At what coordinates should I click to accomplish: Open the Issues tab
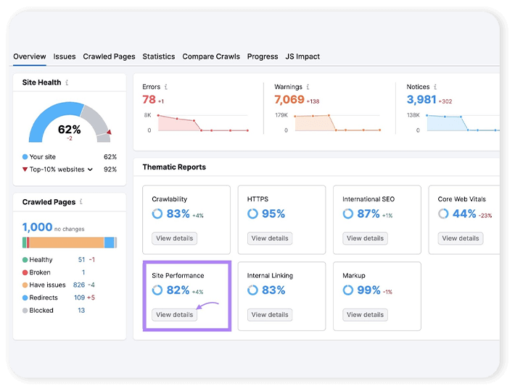point(65,56)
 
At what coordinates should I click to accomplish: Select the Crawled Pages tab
point(109,56)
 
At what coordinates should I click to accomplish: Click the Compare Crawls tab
point(211,56)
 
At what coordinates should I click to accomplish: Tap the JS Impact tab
point(302,56)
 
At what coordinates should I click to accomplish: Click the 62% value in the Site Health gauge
point(70,130)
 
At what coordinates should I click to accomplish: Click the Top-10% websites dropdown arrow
point(91,169)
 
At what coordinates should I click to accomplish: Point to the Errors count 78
point(149,100)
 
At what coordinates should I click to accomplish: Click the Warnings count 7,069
point(289,100)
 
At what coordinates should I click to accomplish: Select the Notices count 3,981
point(421,100)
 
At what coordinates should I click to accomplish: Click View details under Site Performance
point(174,315)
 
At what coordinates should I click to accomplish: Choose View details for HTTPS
point(269,238)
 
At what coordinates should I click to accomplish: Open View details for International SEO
point(365,238)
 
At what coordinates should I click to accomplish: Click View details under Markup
point(365,315)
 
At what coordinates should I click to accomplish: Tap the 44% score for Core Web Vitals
point(464,214)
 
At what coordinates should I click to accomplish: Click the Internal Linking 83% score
point(273,290)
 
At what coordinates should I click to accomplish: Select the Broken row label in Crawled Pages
point(40,272)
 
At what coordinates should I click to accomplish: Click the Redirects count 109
point(79,298)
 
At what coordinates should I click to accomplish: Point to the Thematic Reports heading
point(174,167)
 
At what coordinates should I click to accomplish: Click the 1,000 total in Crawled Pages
point(36,227)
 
